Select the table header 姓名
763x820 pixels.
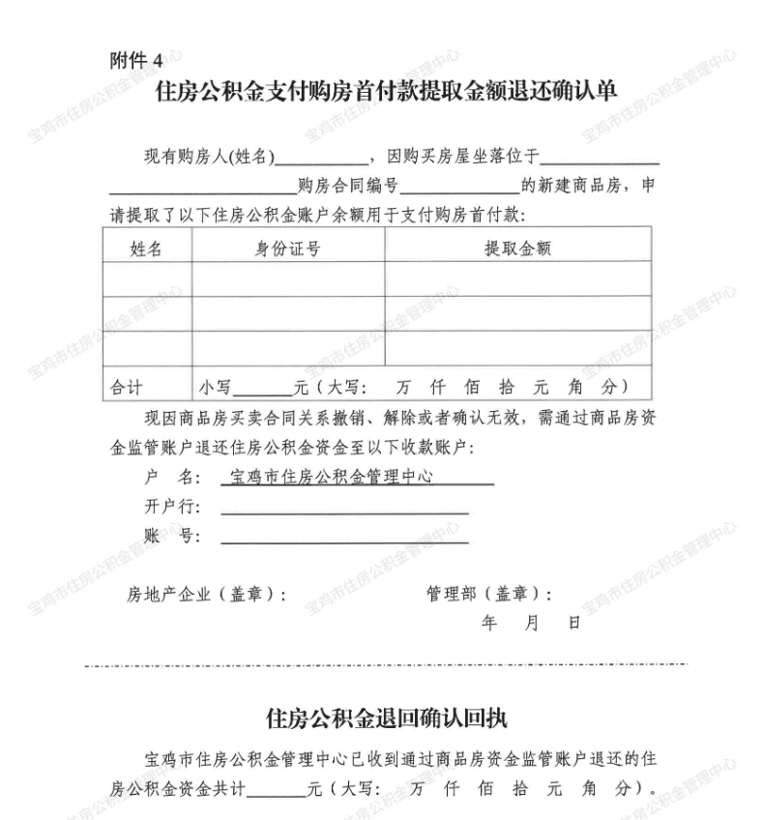(146, 249)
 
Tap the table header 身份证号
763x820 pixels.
(287, 249)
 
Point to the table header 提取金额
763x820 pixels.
(517, 249)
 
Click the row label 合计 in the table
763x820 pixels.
(126, 387)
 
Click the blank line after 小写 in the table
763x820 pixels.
(262, 393)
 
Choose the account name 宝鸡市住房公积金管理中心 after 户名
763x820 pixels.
(330, 478)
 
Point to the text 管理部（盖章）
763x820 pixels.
(489, 594)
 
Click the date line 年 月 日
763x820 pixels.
(531, 624)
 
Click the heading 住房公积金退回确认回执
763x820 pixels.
(386, 718)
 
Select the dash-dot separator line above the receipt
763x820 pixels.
(386, 664)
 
